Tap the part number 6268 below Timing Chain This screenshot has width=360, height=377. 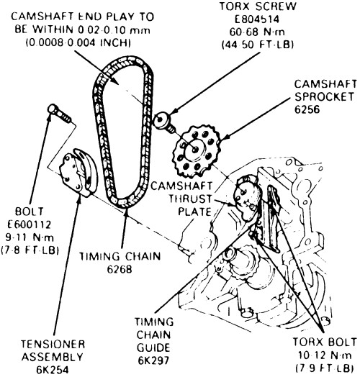pyautogui.click(x=120, y=269)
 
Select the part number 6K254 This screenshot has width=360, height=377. pyautogui.click(x=53, y=370)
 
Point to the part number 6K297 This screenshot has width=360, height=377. pyautogui.click(x=153, y=360)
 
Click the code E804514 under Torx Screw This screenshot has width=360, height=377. pyautogui.click(x=257, y=19)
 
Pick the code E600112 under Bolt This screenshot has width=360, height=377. pyautogui.click(x=30, y=224)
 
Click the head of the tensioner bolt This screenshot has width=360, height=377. pyautogui.click(x=53, y=109)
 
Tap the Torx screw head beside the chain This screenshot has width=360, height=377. pyautogui.click(x=161, y=120)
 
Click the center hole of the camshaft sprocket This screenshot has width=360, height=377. pyautogui.click(x=195, y=150)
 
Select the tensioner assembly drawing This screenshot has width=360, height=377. pyautogui.click(x=78, y=173)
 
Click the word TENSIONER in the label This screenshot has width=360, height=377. pyautogui.click(x=53, y=344)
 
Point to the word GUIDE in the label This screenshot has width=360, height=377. pyautogui.click(x=153, y=348)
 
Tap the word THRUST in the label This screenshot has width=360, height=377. pyautogui.click(x=190, y=199)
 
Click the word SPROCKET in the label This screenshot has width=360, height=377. pyautogui.click(x=324, y=96)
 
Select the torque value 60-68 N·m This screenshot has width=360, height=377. pyautogui.click(x=257, y=32)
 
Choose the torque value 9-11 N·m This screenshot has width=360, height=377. pyautogui.click(x=30, y=237)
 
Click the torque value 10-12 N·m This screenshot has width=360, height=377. pyautogui.click(x=325, y=355)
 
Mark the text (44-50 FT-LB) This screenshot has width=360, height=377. pyautogui.click(x=258, y=45)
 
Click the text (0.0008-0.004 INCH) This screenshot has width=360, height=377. pyautogui.click(x=78, y=42)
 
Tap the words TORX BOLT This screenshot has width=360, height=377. pyautogui.click(x=325, y=342)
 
